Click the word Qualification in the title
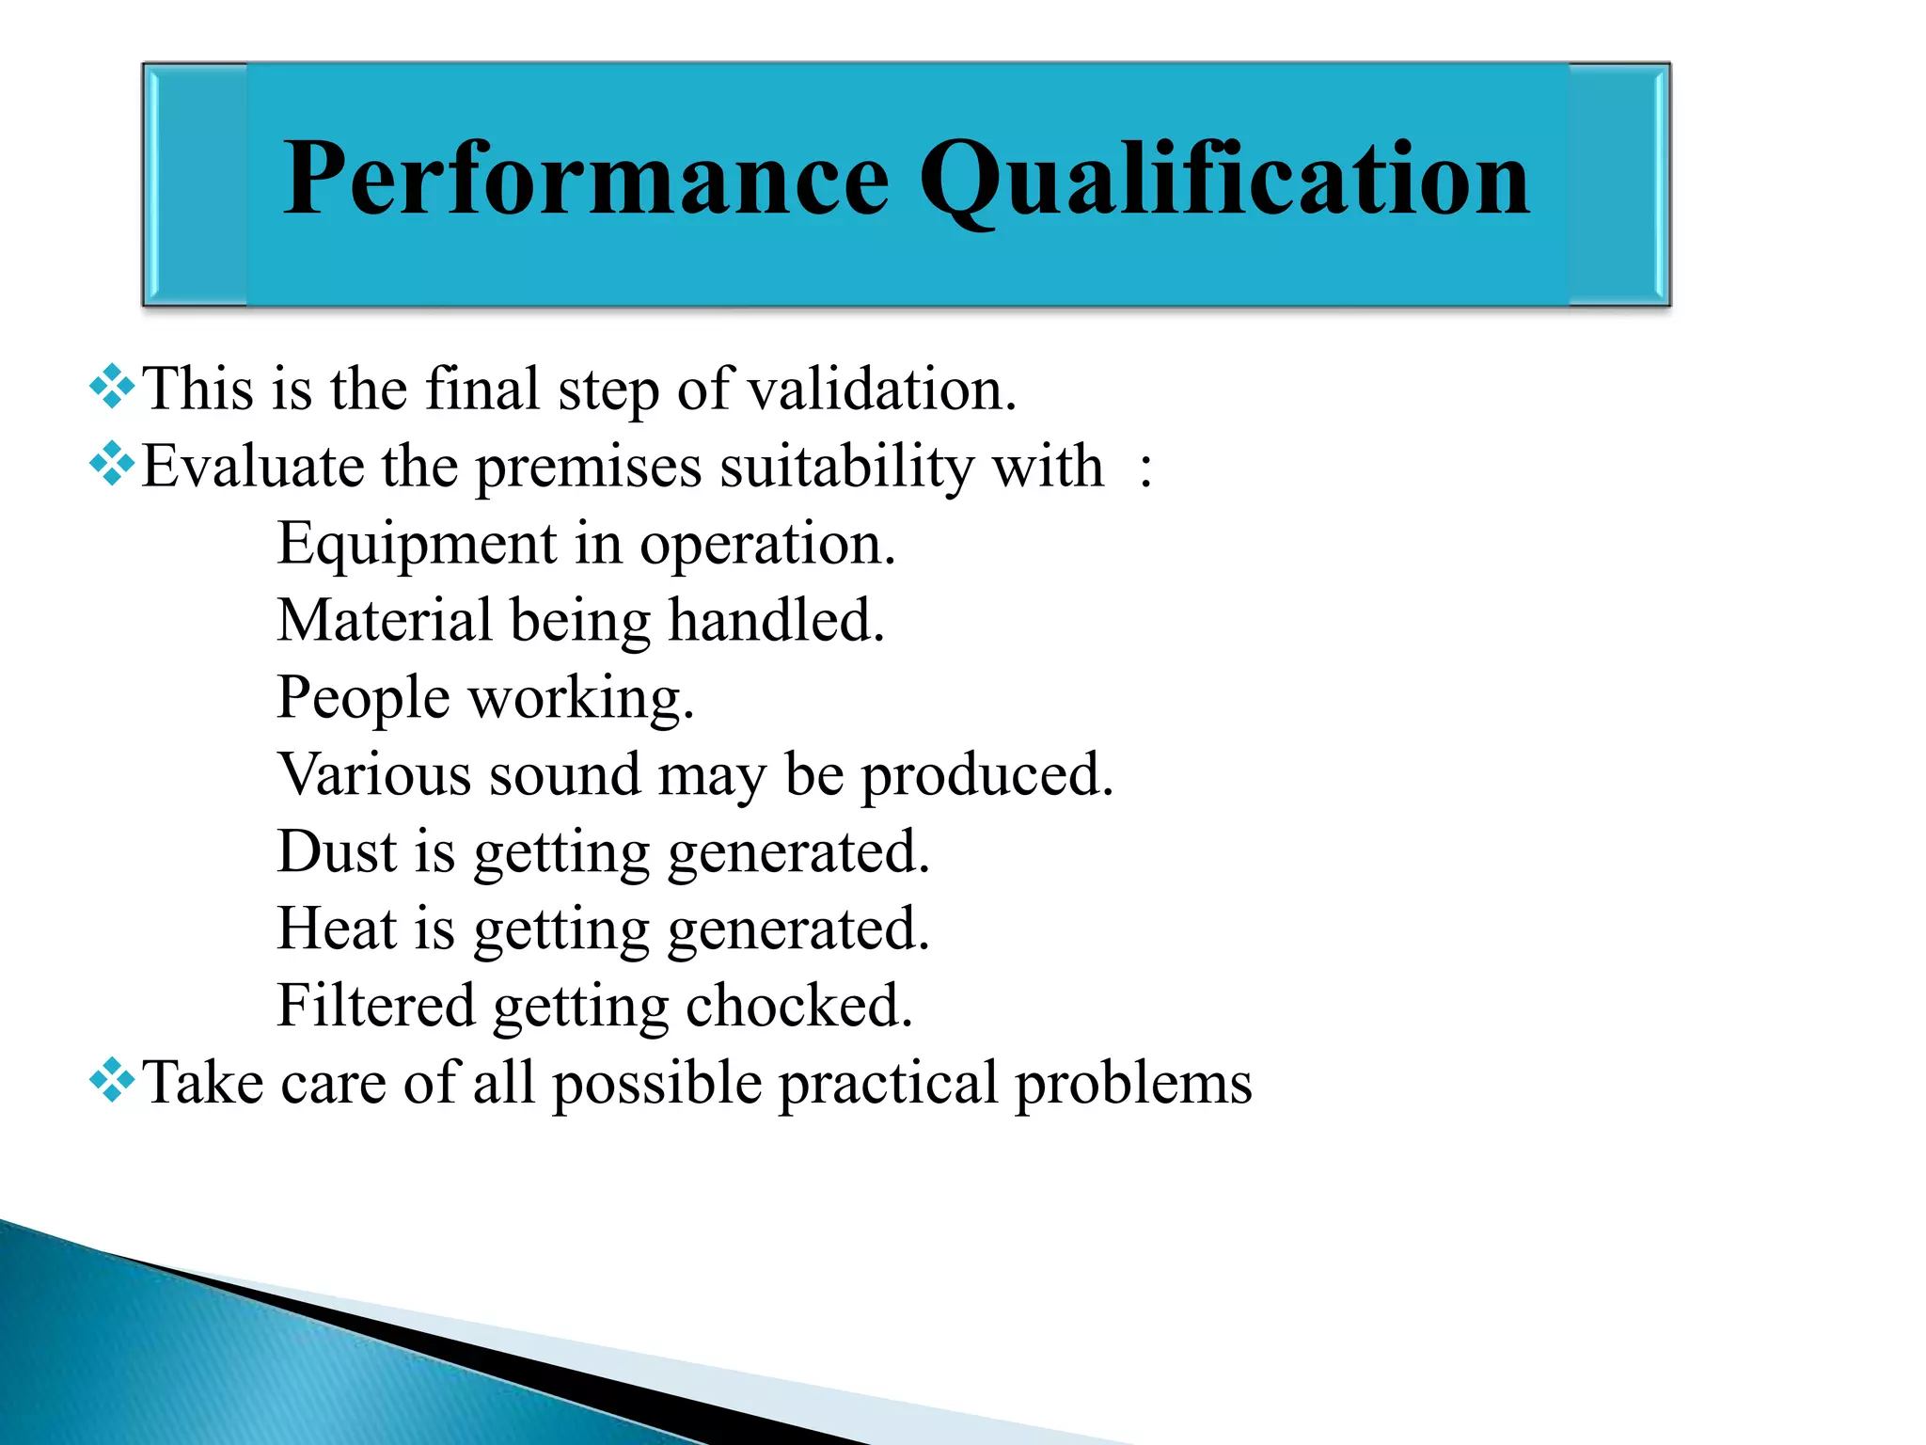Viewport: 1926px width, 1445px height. [x=1224, y=179]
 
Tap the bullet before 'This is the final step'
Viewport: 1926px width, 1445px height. [x=112, y=387]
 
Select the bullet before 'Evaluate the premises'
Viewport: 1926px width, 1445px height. [x=112, y=464]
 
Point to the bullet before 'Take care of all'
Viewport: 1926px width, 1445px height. [x=112, y=1080]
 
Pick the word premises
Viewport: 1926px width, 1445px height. [x=589, y=468]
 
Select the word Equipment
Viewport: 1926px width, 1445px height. [x=417, y=546]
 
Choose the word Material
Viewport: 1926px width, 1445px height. [x=385, y=621]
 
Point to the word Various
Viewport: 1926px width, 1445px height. [x=373, y=775]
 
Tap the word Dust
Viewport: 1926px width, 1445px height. [x=337, y=852]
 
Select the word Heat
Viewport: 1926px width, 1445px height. [x=337, y=929]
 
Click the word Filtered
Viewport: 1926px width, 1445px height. [x=376, y=1007]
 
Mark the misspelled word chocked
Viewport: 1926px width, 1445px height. [x=798, y=1007]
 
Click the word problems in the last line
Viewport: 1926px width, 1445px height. [x=1133, y=1084]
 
